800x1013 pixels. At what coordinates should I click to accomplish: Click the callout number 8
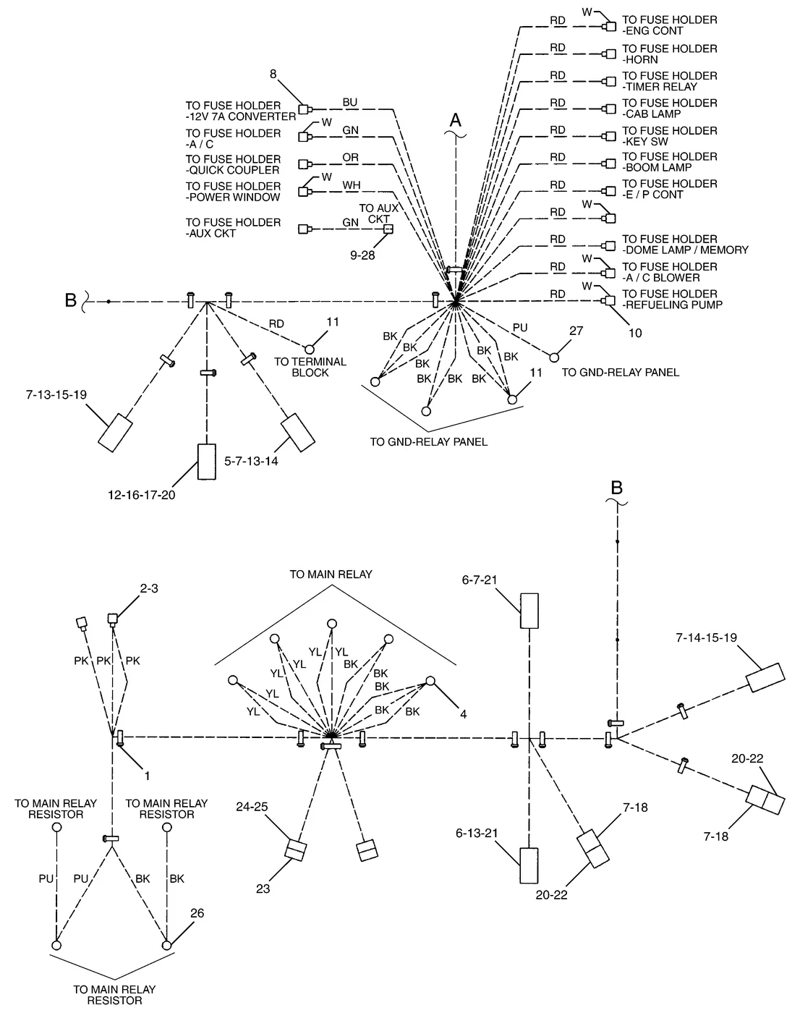coord(273,74)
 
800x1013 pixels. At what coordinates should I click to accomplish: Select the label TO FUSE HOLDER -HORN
coord(669,54)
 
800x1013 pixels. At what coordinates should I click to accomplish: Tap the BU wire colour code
coord(349,102)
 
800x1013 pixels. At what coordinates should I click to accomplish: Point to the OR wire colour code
coord(351,157)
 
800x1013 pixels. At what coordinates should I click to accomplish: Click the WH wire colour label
coord(351,185)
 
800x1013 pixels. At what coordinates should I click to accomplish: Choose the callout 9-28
coord(362,255)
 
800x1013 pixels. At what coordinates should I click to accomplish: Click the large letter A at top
coord(455,120)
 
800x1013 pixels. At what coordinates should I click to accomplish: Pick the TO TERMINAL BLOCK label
coord(310,367)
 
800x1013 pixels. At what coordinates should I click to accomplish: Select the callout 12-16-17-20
coord(141,495)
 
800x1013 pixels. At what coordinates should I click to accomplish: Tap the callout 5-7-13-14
coord(251,461)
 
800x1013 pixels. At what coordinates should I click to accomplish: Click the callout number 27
coord(576,331)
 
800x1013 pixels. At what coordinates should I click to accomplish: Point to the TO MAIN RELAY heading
coord(331,575)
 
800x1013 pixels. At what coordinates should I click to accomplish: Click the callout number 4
coord(463,714)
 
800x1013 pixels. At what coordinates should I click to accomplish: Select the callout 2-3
coord(149,588)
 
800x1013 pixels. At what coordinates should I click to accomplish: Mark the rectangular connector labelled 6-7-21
coord(529,611)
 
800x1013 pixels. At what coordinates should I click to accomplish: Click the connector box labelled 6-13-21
coord(529,865)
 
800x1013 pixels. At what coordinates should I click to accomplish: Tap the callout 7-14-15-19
coord(707,637)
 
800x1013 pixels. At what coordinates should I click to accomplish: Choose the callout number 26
coord(197,913)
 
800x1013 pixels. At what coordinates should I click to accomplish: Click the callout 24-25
coord(252,807)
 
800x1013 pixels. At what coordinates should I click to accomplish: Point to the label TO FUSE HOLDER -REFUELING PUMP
coord(672,300)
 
